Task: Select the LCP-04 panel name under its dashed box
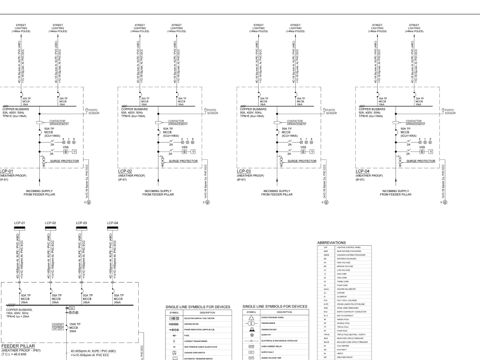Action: click(x=363, y=170)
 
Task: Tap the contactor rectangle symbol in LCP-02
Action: click(x=172, y=123)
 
